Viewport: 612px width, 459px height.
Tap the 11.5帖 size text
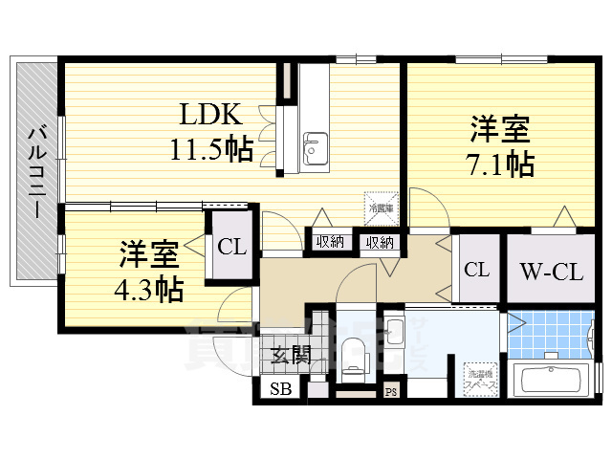pos(211,149)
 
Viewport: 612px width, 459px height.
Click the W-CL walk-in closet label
pos(552,271)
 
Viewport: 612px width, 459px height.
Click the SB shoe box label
pos(280,389)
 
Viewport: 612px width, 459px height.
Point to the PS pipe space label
pos(391,391)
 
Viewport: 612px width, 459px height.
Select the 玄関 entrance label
pos(289,358)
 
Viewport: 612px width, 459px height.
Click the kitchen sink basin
pos(313,148)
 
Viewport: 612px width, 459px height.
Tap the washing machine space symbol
pos(478,377)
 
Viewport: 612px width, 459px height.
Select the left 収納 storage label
pos(330,242)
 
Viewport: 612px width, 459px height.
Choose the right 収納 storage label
pos(379,242)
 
